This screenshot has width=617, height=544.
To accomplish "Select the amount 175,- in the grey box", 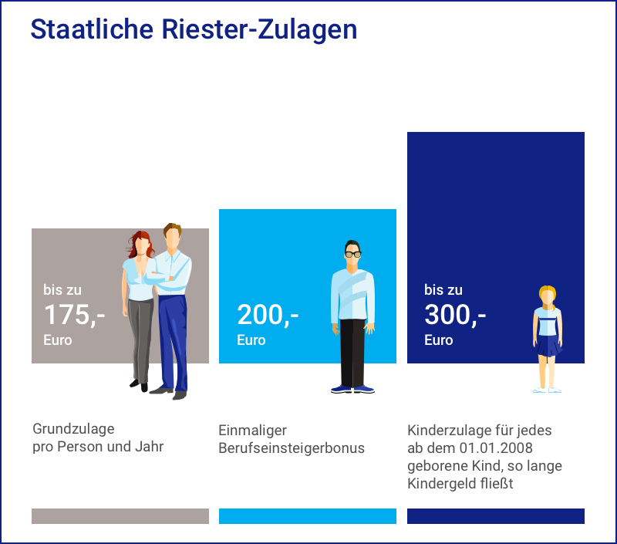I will click(x=74, y=315).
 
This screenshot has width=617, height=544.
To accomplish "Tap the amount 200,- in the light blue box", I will click(x=268, y=315).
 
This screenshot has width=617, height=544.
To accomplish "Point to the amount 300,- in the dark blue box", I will click(x=455, y=315).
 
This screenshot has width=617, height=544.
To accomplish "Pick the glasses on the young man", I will click(x=352, y=253).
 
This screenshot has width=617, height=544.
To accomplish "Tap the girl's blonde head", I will click(x=548, y=296).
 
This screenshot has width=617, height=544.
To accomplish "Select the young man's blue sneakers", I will click(x=352, y=389).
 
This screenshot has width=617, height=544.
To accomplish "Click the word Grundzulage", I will click(x=73, y=430).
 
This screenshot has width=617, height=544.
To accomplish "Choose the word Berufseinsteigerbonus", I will click(x=292, y=448).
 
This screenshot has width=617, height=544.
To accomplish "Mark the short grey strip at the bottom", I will click(x=120, y=516).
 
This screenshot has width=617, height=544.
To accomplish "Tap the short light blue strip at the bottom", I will click(x=308, y=516).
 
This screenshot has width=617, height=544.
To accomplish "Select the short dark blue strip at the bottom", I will click(x=496, y=516).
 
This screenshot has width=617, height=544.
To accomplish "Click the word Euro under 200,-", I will click(x=251, y=340).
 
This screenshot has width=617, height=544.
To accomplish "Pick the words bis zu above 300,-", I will click(x=443, y=290).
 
